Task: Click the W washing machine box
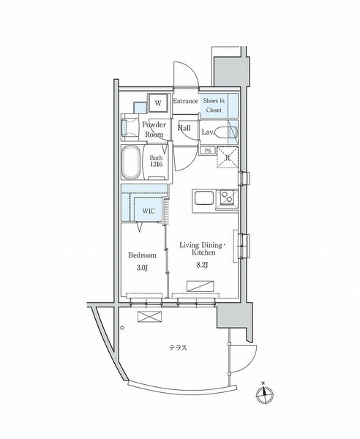pos(158,103)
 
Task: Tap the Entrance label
pos(185,101)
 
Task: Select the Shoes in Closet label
pos(214,105)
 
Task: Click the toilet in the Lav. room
pos(226,132)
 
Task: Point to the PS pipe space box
pos(207,151)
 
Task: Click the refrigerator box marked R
pos(228,157)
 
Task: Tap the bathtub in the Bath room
pos(131,162)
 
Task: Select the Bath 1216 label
pos(156,161)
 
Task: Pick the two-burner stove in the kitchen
pos(228,198)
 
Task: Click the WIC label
pos(148,211)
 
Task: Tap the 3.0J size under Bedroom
pos(142,268)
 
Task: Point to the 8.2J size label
pos(202,265)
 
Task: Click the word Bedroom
pos(142,255)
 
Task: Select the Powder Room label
pos(154,129)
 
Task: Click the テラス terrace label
pos(178,348)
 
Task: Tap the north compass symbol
pos(264,394)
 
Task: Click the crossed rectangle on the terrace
pos(150,317)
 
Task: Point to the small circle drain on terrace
pos(122,328)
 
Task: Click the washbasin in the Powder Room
pos(125,127)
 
